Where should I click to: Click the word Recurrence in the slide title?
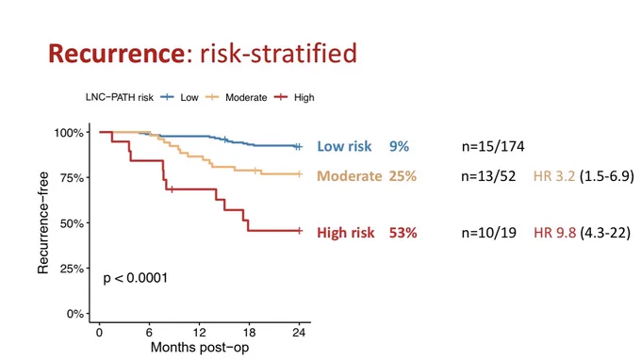coord(117,53)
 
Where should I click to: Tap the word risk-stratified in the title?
coord(278,53)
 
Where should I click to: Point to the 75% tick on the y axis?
coord(72,178)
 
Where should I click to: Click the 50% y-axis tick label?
coord(72,223)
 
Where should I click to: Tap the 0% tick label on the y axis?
coord(75,314)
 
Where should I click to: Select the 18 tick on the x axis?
coord(249,333)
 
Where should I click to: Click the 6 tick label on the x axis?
coord(149,333)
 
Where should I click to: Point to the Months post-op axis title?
coord(200,348)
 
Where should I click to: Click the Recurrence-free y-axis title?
coord(43,222)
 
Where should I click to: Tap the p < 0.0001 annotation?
coord(136,278)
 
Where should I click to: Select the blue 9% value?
coord(399,146)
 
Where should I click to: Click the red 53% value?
coord(403,233)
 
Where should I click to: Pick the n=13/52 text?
coord(488,176)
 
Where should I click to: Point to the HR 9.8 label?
coord(554,233)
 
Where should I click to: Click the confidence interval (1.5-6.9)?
coord(607,176)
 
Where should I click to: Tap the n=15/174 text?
coord(493,146)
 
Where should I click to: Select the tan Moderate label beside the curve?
coord(350,176)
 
